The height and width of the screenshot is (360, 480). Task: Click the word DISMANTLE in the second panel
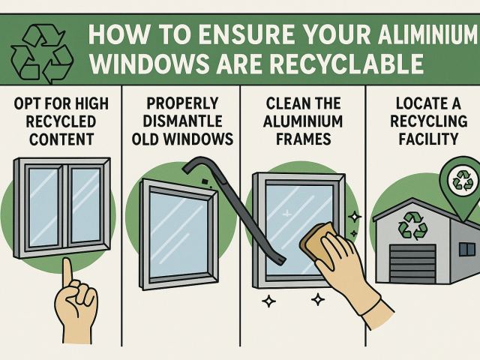click(183, 121)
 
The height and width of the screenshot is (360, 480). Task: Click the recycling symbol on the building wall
click(412, 225)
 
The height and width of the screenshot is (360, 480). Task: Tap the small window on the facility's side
click(466, 249)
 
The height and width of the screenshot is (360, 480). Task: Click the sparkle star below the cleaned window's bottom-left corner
click(267, 302)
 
